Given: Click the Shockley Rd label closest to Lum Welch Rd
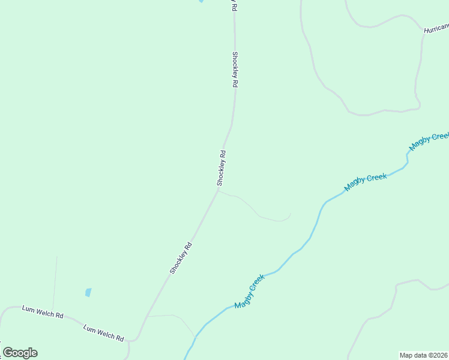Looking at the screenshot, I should click(181, 258).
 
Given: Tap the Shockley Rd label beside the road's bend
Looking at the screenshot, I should click(221, 167).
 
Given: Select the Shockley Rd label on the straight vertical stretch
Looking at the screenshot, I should click(235, 70).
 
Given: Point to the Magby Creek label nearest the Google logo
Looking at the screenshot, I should click(250, 292).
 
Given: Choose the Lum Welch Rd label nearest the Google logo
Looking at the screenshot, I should click(43, 311).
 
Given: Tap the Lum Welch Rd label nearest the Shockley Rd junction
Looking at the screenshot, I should click(103, 332).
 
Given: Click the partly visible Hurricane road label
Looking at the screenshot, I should click(436, 28).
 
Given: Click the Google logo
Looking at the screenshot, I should click(20, 353).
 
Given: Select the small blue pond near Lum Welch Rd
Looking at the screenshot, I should click(88, 293).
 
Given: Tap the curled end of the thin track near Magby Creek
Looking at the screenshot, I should click(289, 214).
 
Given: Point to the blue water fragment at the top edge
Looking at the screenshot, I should click(200, 1).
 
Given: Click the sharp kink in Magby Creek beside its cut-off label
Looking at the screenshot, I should click(408, 155).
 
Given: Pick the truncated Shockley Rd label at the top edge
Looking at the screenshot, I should click(234, 6).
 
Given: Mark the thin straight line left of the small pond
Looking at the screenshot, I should click(55, 282).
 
